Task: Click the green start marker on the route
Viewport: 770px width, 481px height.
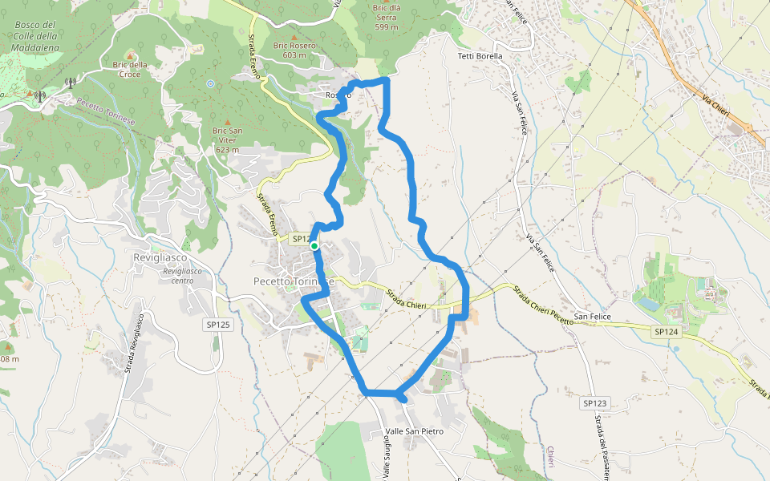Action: point(314,246)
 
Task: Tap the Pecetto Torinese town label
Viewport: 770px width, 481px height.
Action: point(293,281)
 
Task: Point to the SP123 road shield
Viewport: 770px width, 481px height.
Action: point(596,403)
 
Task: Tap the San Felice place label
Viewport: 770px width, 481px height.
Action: point(592,317)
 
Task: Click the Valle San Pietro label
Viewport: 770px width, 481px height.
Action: point(414,431)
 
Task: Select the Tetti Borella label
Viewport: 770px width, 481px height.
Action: point(480,56)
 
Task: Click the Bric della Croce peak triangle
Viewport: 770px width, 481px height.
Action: point(130,55)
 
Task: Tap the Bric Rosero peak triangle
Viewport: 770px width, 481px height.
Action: point(294,36)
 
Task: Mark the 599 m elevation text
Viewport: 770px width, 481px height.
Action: point(387,26)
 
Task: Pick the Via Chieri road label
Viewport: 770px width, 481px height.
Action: point(715,105)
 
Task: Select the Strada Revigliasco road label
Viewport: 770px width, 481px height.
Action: point(134,343)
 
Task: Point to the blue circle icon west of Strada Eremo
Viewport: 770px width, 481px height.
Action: point(210,83)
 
